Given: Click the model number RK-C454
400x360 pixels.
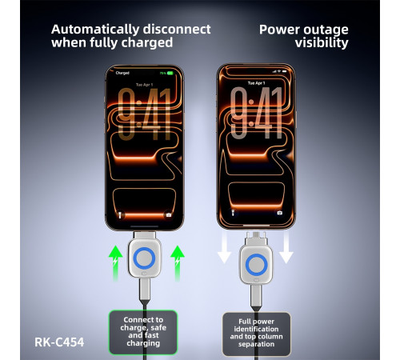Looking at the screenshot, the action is tap(59, 342).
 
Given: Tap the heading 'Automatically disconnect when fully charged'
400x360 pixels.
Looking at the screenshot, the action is tap(130, 36).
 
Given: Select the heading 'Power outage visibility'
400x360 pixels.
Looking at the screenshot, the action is tap(304, 36).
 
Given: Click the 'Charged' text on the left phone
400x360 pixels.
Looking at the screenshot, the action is tap(122, 73).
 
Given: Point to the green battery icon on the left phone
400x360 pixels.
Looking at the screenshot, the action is tap(170, 73).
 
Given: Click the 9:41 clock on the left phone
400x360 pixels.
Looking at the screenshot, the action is tap(144, 114).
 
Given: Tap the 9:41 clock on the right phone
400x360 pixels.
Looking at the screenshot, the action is tap(256, 113).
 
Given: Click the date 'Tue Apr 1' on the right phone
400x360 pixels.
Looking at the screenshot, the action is tap(256, 83).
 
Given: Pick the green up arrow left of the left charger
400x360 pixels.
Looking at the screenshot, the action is tap(115, 263).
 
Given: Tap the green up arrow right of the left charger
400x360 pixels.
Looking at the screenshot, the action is tap(178, 263).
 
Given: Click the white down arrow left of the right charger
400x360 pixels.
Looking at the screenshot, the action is tap(224, 246).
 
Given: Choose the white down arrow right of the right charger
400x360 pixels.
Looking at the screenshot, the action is tap(286, 246).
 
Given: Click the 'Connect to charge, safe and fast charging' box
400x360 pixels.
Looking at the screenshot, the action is tap(143, 332).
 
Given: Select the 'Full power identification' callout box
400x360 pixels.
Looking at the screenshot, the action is tap(256, 334).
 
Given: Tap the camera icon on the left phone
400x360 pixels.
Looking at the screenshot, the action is tap(169, 214).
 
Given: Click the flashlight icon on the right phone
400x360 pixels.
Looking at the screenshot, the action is tap(233, 213).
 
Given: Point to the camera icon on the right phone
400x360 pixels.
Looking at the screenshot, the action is tap(279, 213).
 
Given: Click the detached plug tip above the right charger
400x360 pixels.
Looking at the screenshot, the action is tap(256, 238).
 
